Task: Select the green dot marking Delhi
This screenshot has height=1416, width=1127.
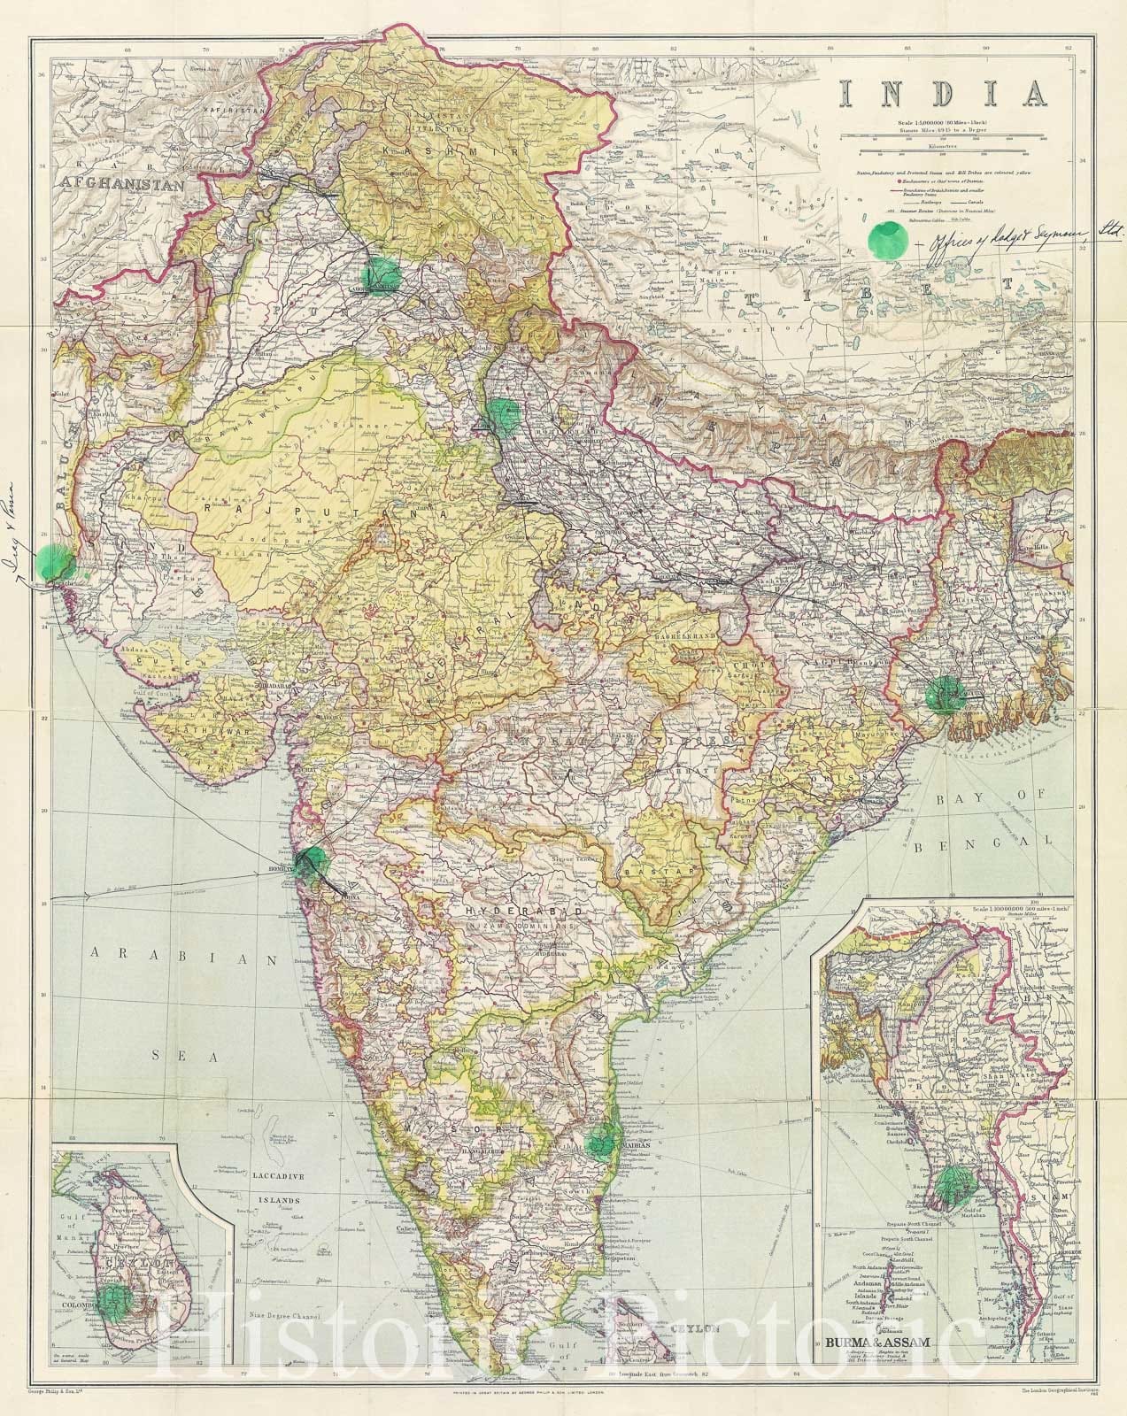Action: (504, 414)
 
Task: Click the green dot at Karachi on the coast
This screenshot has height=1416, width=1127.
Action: (53, 562)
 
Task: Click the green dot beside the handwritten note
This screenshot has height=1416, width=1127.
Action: (887, 240)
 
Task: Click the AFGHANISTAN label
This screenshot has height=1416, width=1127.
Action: (121, 185)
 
